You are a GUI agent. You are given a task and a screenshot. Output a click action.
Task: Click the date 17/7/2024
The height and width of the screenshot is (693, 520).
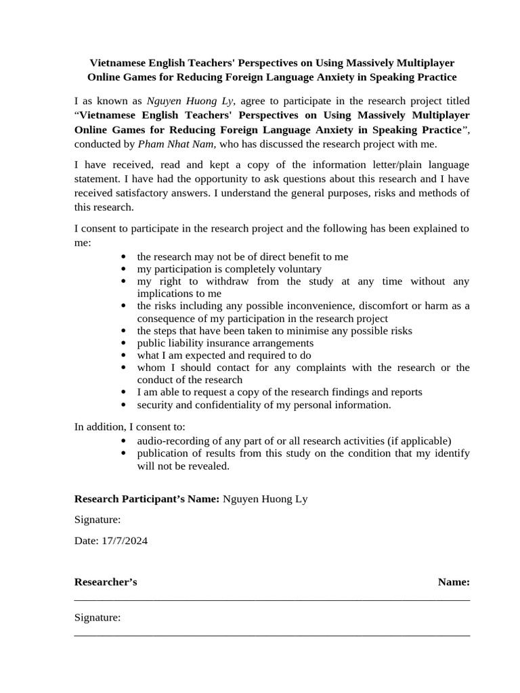click(125, 541)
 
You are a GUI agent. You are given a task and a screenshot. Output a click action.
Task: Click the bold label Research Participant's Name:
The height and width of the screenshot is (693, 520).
click(146, 499)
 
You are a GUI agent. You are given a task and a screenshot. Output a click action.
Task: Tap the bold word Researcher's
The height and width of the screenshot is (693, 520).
click(106, 582)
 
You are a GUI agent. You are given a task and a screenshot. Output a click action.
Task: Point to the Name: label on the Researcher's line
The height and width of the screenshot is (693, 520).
click(454, 582)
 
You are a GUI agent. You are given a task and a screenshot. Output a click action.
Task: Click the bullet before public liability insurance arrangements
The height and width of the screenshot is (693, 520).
click(123, 343)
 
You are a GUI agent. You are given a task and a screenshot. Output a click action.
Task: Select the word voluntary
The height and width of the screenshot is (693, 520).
click(299, 269)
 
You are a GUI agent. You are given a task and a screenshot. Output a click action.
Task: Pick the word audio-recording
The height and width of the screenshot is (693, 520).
click(172, 441)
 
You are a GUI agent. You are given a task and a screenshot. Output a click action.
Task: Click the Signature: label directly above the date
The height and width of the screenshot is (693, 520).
click(97, 520)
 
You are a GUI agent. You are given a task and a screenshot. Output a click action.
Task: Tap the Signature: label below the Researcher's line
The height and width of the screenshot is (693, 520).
click(97, 617)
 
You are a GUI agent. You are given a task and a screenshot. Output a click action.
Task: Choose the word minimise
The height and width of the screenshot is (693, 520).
click(308, 331)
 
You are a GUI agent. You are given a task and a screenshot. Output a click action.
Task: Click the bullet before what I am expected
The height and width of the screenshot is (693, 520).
click(123, 355)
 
